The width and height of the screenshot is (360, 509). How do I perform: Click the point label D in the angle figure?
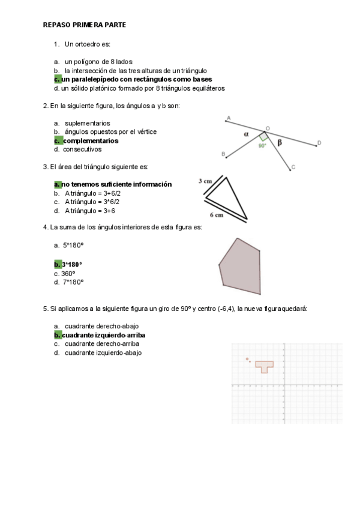(x=319, y=142)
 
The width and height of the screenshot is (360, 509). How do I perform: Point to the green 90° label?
(x=262, y=145)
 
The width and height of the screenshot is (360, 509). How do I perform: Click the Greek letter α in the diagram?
(x=246, y=134)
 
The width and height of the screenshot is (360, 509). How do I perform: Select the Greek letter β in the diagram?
(x=279, y=142)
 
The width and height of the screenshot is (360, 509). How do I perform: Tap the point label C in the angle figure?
(x=292, y=167)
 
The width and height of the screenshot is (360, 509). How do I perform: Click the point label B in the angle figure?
(x=224, y=155)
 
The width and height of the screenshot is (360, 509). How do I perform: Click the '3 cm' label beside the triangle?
(x=205, y=181)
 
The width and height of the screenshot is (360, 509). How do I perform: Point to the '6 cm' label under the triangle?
(x=217, y=214)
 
